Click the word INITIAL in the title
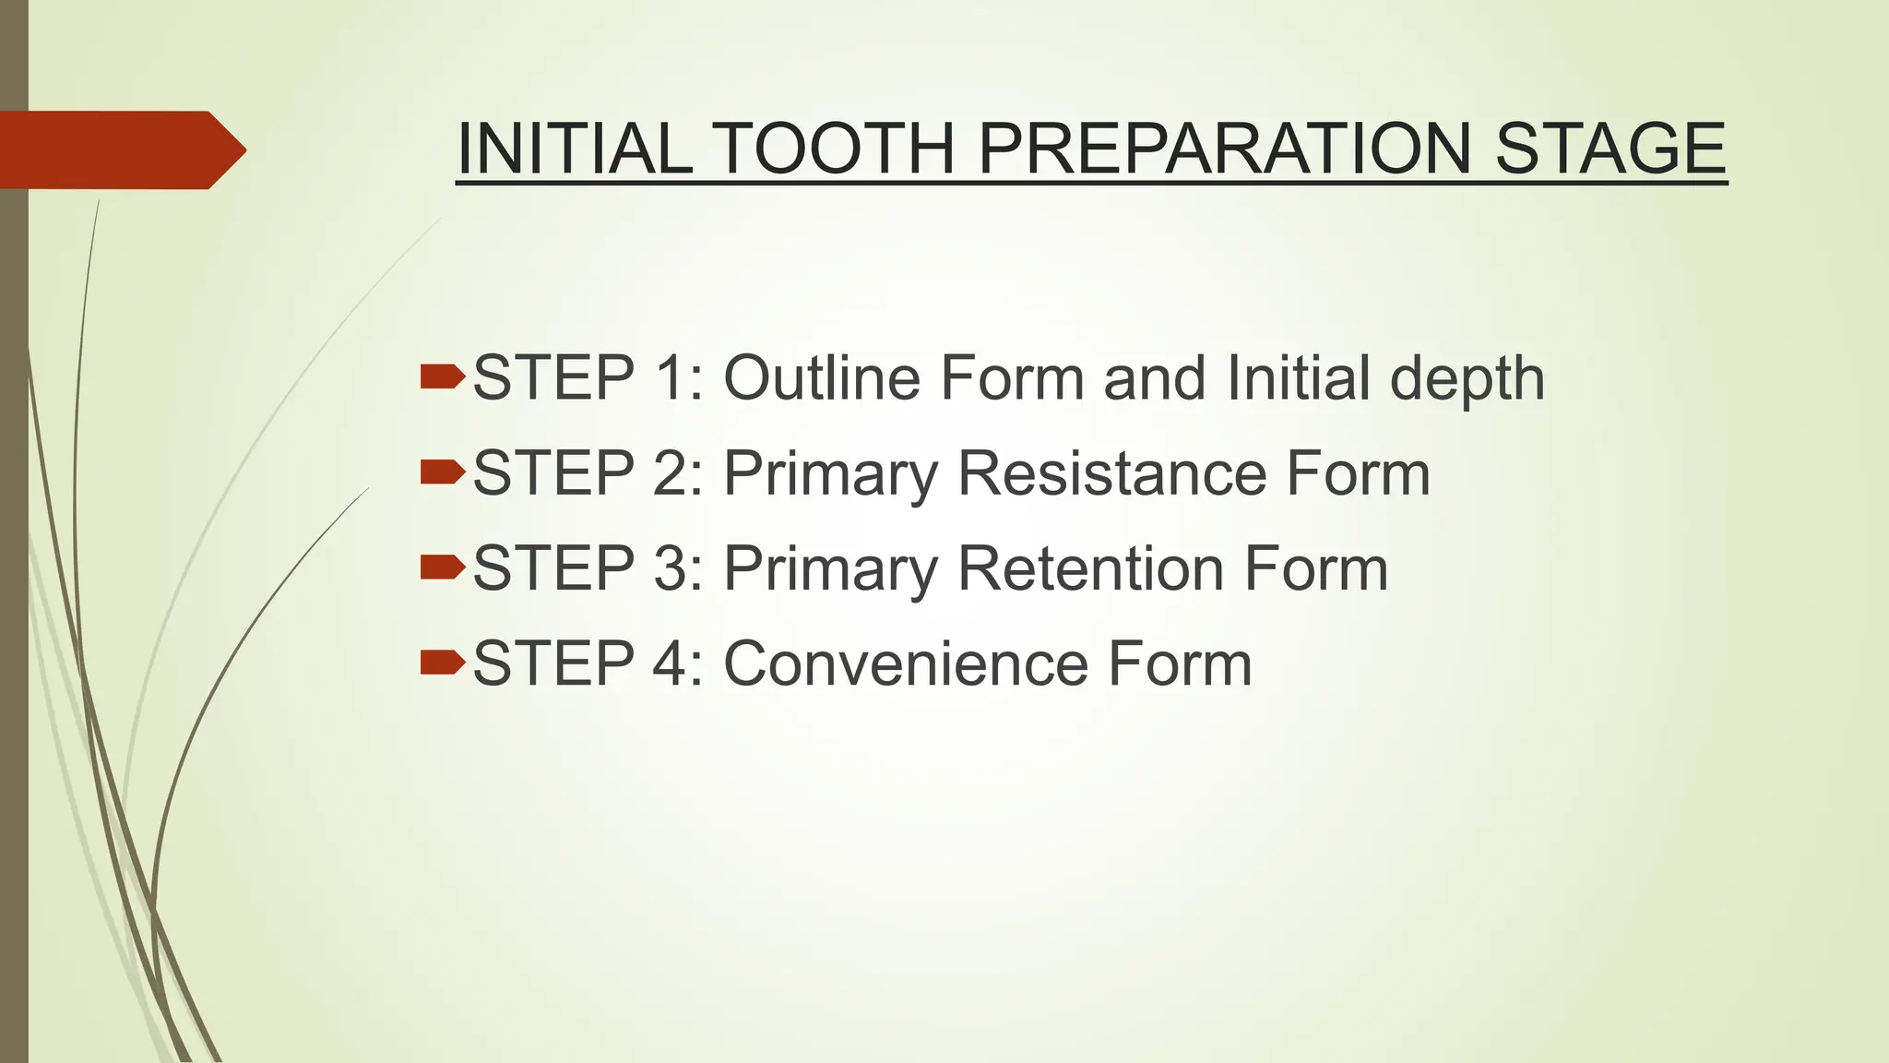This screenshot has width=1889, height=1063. pos(575,149)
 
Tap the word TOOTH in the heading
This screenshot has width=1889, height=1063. pos(833,149)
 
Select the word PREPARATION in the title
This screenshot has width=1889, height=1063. pos(1224,149)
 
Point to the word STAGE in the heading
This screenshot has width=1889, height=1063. pos(1610,149)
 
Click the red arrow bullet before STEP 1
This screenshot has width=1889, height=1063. pos(442,376)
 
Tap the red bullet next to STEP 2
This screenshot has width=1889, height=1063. pos(442,472)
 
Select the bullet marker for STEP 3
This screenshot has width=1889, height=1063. pos(442,567)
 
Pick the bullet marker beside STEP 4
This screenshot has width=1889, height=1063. pos(442,662)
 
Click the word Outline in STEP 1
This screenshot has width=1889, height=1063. pos(822,377)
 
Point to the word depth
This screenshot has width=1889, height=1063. pos(1467,379)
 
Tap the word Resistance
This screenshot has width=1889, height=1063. pos(1111,472)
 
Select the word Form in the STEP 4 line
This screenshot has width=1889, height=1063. pos(1180,663)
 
